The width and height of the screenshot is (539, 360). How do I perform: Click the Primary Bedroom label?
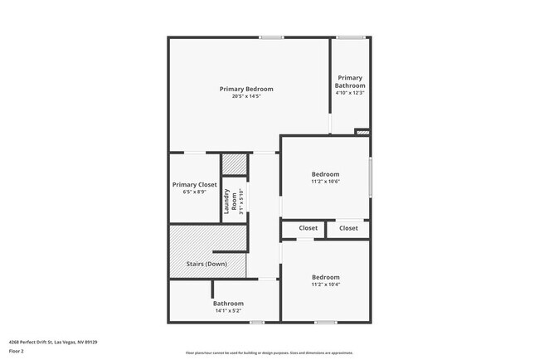pos(246,89)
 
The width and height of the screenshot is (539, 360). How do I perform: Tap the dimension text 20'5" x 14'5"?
pos(246,96)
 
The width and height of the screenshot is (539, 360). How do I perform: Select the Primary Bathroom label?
pos(350,82)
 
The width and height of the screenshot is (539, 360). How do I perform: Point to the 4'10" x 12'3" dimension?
pos(350,93)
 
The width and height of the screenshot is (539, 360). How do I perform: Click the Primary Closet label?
pos(195,184)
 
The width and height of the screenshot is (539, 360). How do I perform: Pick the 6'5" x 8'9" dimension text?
pos(195,192)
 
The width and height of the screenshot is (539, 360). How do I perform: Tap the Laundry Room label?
pos(229,202)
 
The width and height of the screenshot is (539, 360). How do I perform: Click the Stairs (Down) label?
pos(206,264)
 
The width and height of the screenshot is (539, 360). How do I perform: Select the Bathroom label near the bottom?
pos(229,304)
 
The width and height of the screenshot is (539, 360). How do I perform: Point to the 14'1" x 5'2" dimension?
pos(229,311)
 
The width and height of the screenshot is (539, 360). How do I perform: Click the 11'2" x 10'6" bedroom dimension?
pos(325,182)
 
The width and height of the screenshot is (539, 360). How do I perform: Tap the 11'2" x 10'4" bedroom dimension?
pos(325,285)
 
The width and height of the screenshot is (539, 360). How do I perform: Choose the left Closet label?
pos(308,228)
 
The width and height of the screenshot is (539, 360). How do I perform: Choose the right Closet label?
pos(348,228)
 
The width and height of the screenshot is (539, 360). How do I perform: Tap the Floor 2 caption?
pos(17,351)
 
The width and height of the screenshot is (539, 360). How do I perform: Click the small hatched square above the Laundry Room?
pos(235,164)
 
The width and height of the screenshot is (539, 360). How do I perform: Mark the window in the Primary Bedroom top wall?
pos(270,37)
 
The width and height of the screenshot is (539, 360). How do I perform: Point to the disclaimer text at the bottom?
pos(269,352)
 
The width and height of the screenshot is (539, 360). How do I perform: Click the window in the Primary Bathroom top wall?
pos(352,37)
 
